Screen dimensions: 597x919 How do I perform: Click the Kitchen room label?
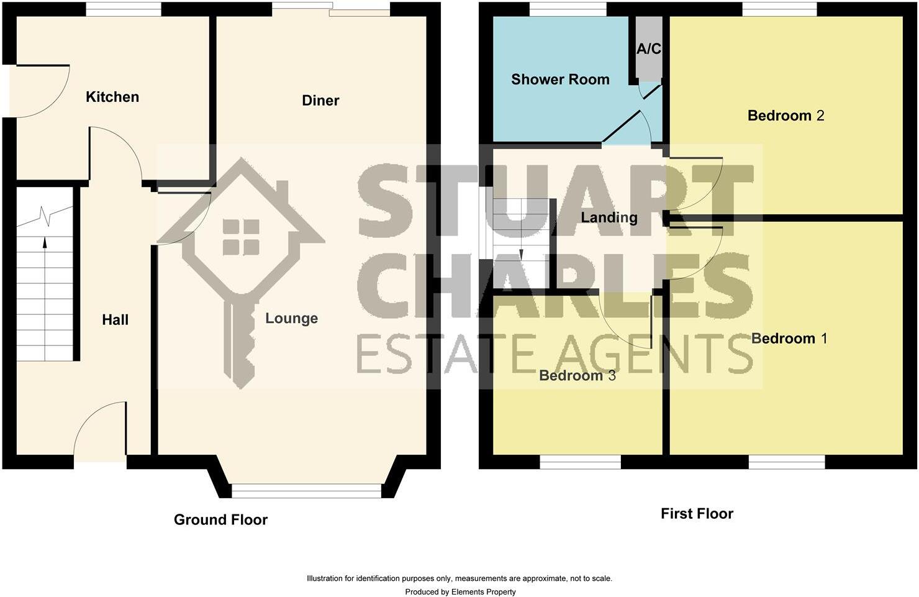click(112, 97)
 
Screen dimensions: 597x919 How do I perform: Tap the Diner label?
click(320, 101)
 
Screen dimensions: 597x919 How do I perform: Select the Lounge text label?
click(291, 319)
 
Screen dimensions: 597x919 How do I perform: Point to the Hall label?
click(115, 320)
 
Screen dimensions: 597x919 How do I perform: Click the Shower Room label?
click(560, 80)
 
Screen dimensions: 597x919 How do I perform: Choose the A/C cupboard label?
click(649, 49)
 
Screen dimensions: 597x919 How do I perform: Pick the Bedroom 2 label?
click(785, 116)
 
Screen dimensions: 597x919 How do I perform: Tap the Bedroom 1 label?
click(789, 339)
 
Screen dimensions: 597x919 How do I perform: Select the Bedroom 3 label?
click(577, 376)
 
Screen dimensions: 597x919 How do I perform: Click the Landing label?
click(609, 217)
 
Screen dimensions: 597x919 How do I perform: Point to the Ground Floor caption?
click(220, 520)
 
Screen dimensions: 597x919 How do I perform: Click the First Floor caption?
click(697, 514)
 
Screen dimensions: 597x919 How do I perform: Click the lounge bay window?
click(306, 491)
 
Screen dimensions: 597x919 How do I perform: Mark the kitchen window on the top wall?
click(123, 9)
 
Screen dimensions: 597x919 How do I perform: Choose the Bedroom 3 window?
click(580, 462)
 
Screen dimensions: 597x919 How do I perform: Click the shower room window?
click(568, 9)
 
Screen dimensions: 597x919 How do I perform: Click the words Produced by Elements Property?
click(460, 592)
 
